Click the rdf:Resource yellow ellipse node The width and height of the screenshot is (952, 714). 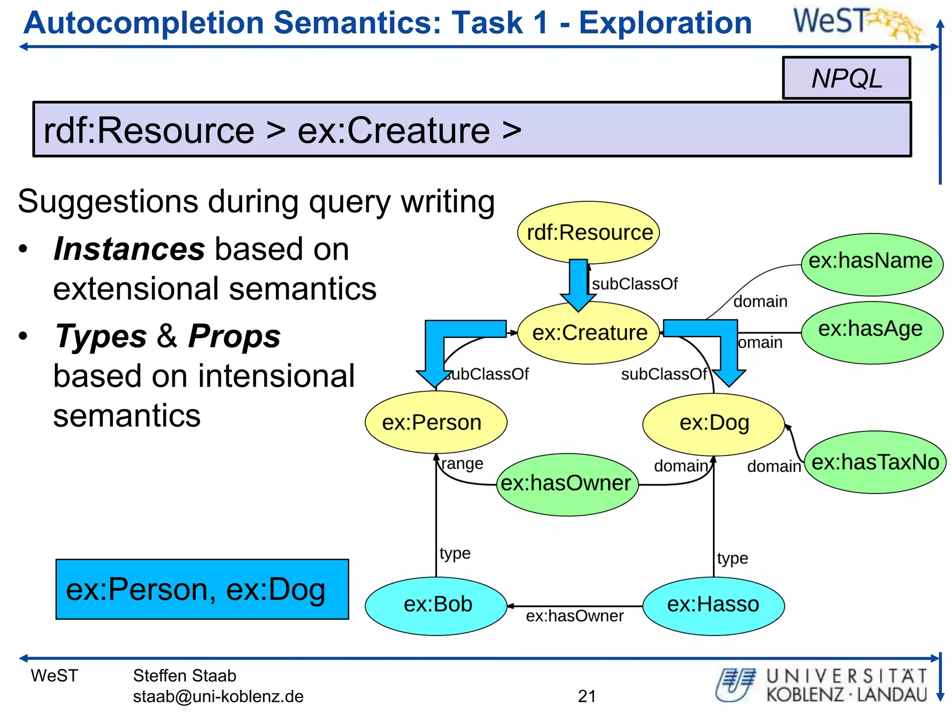[x=588, y=232]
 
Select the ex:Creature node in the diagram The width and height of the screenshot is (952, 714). [x=588, y=333]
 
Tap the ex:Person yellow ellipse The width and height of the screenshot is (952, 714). [x=436, y=422]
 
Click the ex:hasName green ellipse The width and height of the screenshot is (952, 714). [x=872, y=264]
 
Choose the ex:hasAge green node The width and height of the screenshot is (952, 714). [x=872, y=332]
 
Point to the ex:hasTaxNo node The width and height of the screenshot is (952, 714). [x=875, y=462]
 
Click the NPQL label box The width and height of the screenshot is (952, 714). [x=846, y=78]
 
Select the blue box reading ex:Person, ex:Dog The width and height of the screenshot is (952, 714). [x=202, y=589]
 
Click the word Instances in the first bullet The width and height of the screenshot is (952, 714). [x=129, y=249]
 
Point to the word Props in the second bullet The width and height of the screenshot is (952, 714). [x=234, y=336]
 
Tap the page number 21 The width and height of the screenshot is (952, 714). [x=587, y=696]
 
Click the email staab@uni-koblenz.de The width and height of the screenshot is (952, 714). [x=218, y=696]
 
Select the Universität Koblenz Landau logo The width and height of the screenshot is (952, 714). [x=822, y=685]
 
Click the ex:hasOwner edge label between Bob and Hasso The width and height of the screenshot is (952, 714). [x=575, y=616]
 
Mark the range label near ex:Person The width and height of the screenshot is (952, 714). [x=462, y=463]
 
